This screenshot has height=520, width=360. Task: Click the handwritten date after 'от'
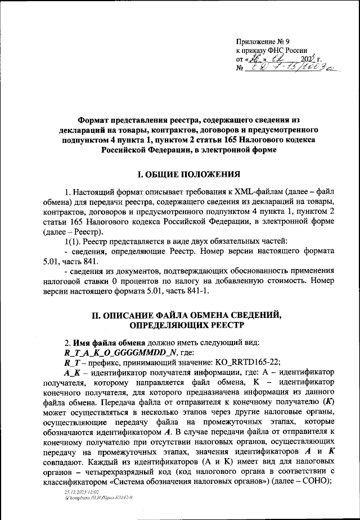pyautogui.click(x=270, y=59)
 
